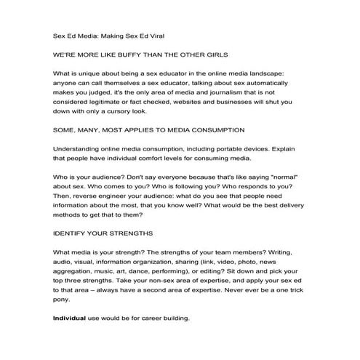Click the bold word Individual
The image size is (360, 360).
click(71, 319)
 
